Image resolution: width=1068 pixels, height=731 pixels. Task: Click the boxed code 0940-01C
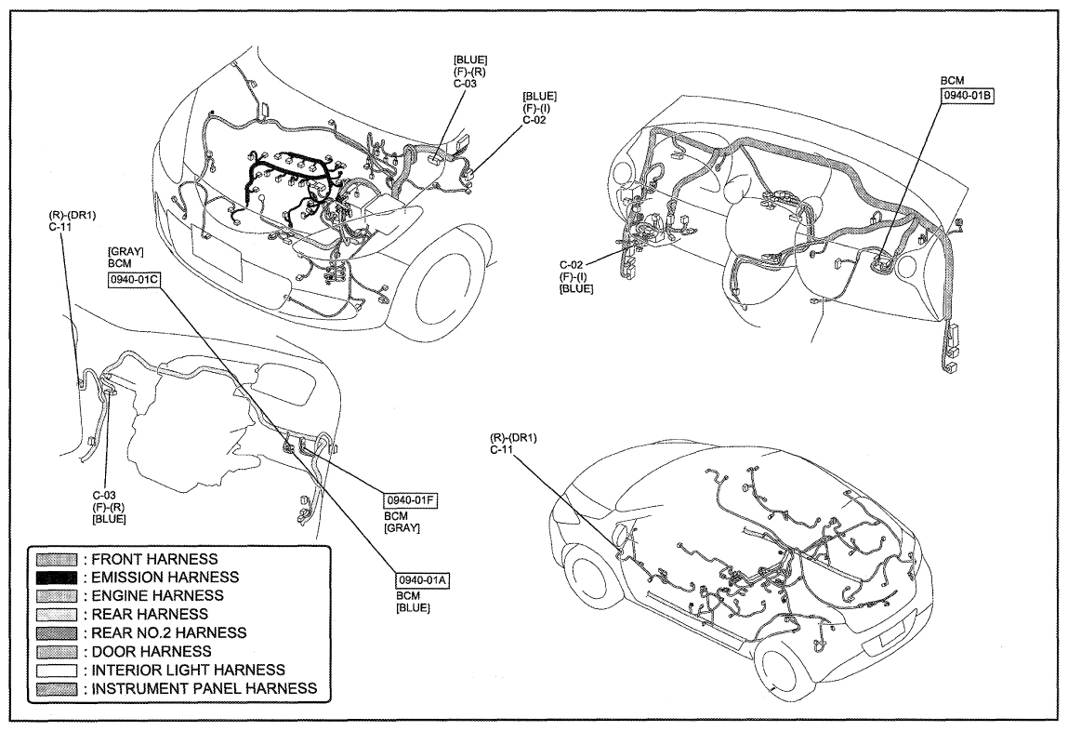pyautogui.click(x=134, y=280)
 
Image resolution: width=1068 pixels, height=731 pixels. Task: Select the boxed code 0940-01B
pyautogui.click(x=968, y=96)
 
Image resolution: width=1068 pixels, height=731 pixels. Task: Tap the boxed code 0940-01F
pyautogui.click(x=410, y=500)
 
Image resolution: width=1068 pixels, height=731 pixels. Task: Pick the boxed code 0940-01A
pyautogui.click(x=423, y=580)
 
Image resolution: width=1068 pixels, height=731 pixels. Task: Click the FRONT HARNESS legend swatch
pyautogui.click(x=57, y=560)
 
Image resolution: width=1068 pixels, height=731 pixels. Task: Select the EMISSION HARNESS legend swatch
pyautogui.click(x=57, y=578)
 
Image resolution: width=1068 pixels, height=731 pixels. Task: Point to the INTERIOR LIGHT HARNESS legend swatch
pyautogui.click(x=57, y=671)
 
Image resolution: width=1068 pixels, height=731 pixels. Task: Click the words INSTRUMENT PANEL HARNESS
pyautogui.click(x=204, y=689)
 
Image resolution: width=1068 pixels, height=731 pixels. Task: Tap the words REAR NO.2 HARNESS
pyautogui.click(x=169, y=633)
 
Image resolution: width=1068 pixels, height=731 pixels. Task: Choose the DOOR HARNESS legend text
pyautogui.click(x=152, y=652)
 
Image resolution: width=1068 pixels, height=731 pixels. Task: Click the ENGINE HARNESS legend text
pyautogui.click(x=157, y=595)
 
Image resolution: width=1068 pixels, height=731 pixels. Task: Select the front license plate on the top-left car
pyautogui.click(x=218, y=253)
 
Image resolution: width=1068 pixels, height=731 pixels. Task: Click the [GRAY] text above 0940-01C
pyautogui.click(x=125, y=252)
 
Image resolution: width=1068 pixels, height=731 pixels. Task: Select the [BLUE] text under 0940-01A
pyautogui.click(x=413, y=607)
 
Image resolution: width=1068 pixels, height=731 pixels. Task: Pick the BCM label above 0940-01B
pyautogui.click(x=952, y=80)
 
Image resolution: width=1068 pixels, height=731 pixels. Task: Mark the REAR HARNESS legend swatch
pyautogui.click(x=57, y=615)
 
